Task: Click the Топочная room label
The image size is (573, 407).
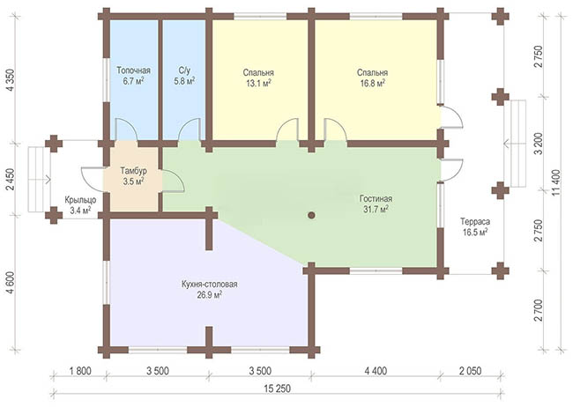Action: click(133, 70)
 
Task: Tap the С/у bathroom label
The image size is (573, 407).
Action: click(184, 70)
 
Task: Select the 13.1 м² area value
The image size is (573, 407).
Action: click(258, 84)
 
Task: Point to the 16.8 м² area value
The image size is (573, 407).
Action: click(372, 84)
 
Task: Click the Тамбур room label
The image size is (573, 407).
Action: click(133, 171)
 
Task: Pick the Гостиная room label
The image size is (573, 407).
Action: click(376, 199)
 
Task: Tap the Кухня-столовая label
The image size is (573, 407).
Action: click(210, 285)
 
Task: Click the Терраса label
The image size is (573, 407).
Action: click(475, 221)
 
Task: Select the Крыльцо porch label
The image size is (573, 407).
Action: click(80, 200)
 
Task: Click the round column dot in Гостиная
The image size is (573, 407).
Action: click(311, 215)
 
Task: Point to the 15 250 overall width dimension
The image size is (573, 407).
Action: click(277, 388)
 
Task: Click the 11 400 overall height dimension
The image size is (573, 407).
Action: click(555, 182)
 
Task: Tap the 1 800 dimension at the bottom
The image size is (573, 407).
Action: click(79, 371)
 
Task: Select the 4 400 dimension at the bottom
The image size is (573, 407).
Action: click(376, 371)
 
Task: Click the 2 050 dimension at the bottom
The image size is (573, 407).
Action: click(470, 371)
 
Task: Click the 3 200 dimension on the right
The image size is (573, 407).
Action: click(538, 144)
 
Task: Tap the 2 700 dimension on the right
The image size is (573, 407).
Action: click(538, 311)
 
